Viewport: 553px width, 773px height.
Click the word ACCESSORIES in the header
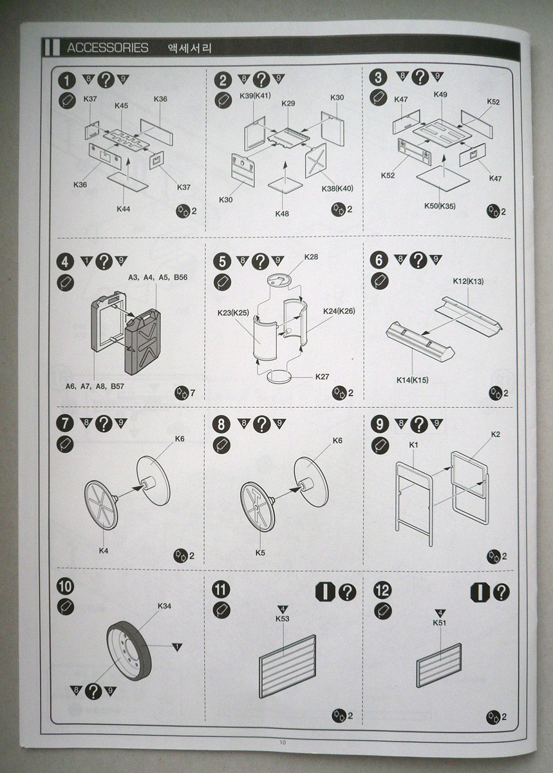(108, 48)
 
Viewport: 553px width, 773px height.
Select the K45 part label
(121, 106)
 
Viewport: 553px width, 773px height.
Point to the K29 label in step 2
(288, 104)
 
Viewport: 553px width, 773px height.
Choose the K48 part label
(282, 213)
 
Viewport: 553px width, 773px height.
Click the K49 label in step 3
(440, 95)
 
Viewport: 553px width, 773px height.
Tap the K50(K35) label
(440, 206)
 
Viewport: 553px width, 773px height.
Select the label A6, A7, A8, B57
(94, 386)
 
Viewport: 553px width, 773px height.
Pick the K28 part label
(311, 257)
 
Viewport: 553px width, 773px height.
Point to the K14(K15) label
(413, 380)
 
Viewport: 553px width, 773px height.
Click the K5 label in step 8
(260, 552)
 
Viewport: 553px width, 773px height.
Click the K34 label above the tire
(164, 606)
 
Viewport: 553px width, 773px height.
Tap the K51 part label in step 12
(440, 623)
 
